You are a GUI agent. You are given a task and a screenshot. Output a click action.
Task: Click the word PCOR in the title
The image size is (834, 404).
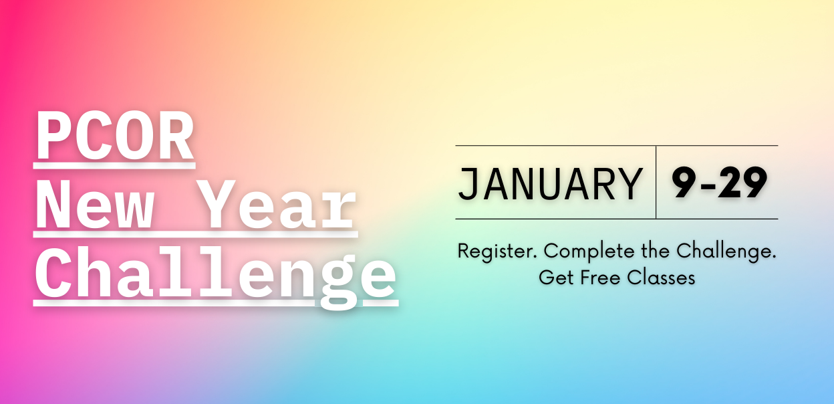click(x=115, y=135)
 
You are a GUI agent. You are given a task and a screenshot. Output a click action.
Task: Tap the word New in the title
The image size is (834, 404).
click(x=95, y=204)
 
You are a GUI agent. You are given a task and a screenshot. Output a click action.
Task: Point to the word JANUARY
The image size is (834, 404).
click(x=550, y=184)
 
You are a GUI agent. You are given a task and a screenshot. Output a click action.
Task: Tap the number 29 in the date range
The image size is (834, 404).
click(x=742, y=183)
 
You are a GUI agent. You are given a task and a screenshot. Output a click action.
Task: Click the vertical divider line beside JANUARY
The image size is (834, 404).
click(x=656, y=182)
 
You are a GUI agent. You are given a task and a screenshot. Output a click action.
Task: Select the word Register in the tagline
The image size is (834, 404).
click(x=497, y=251)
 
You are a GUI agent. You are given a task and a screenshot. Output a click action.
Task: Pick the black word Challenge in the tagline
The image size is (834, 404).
click(x=726, y=251)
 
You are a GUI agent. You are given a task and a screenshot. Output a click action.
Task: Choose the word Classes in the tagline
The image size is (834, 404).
click(x=661, y=278)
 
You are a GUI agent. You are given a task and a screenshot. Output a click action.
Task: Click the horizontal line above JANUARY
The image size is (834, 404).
click(x=617, y=145)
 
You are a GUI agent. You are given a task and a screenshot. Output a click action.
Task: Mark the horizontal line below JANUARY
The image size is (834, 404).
click(x=617, y=219)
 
